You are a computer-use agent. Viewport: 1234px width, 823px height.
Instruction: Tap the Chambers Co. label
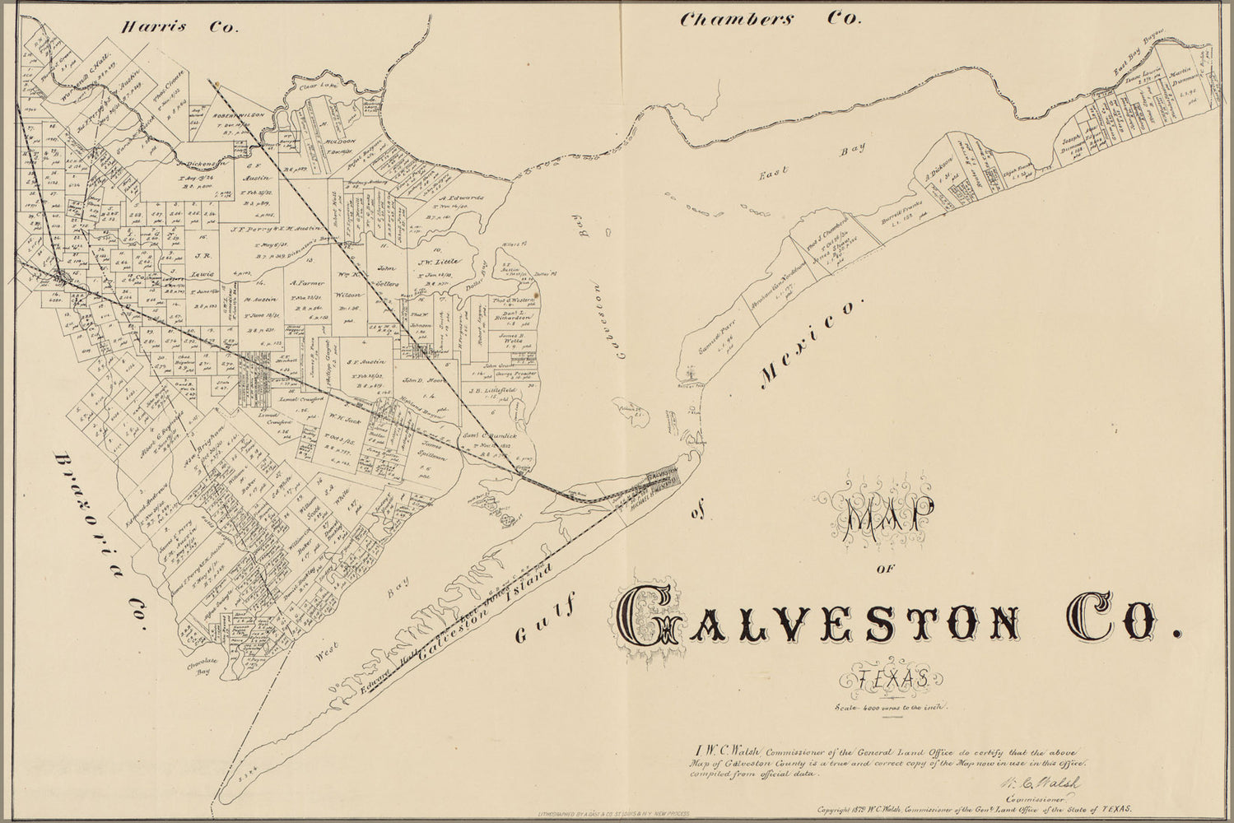click(768, 20)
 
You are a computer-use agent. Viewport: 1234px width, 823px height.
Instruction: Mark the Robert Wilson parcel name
click(239, 116)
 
